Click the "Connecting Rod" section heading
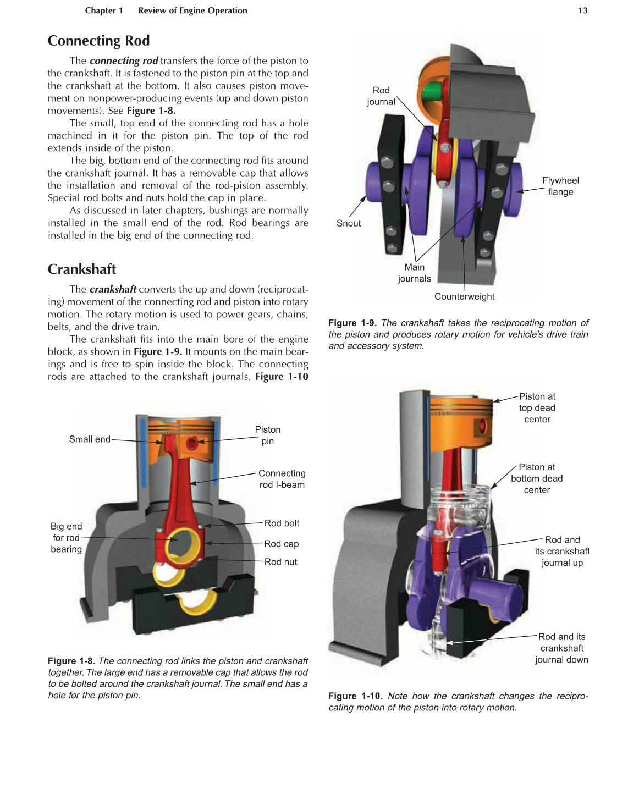[98, 41]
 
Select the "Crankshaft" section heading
[82, 269]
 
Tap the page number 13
[582, 10]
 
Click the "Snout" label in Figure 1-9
[349, 223]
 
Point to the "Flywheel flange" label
[560, 186]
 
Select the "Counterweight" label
[464, 296]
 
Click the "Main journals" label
[414, 273]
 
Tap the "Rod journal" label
[381, 96]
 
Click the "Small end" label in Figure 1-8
[90, 439]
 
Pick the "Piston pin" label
[267, 435]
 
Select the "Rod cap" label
[281, 544]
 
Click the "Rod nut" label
[280, 562]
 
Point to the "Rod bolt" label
[282, 523]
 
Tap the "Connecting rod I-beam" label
[282, 479]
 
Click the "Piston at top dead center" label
[537, 408]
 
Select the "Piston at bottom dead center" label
[537, 478]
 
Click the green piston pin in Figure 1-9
[434, 91]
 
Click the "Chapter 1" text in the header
[104, 10]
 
